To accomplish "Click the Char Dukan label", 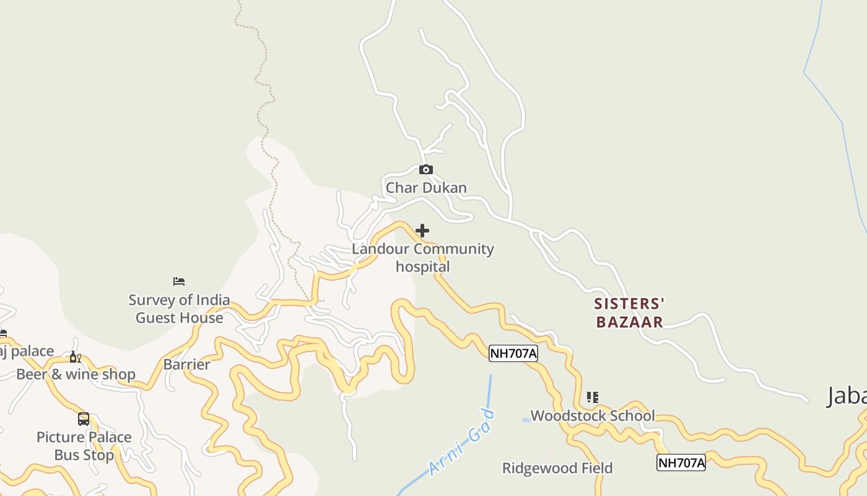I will click(x=426, y=187).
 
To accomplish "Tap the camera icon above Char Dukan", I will click(x=426, y=169).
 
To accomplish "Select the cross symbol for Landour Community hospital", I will click(x=422, y=231).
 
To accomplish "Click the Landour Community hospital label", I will click(x=423, y=257).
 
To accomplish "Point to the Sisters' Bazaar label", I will click(x=629, y=312).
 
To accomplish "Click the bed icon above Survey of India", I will click(x=179, y=281).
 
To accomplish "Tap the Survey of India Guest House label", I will click(x=179, y=309).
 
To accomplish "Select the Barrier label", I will click(x=186, y=364).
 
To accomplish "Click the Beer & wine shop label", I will click(x=76, y=374).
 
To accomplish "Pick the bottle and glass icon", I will click(x=75, y=356).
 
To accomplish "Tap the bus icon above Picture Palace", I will click(x=84, y=419).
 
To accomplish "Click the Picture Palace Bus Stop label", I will click(x=84, y=446).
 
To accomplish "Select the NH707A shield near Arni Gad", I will click(x=513, y=353).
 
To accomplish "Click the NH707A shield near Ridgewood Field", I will click(x=681, y=462).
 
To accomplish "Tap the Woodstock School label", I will click(x=593, y=415).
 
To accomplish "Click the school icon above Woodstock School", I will click(x=593, y=397).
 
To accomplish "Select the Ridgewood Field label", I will click(x=557, y=467).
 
